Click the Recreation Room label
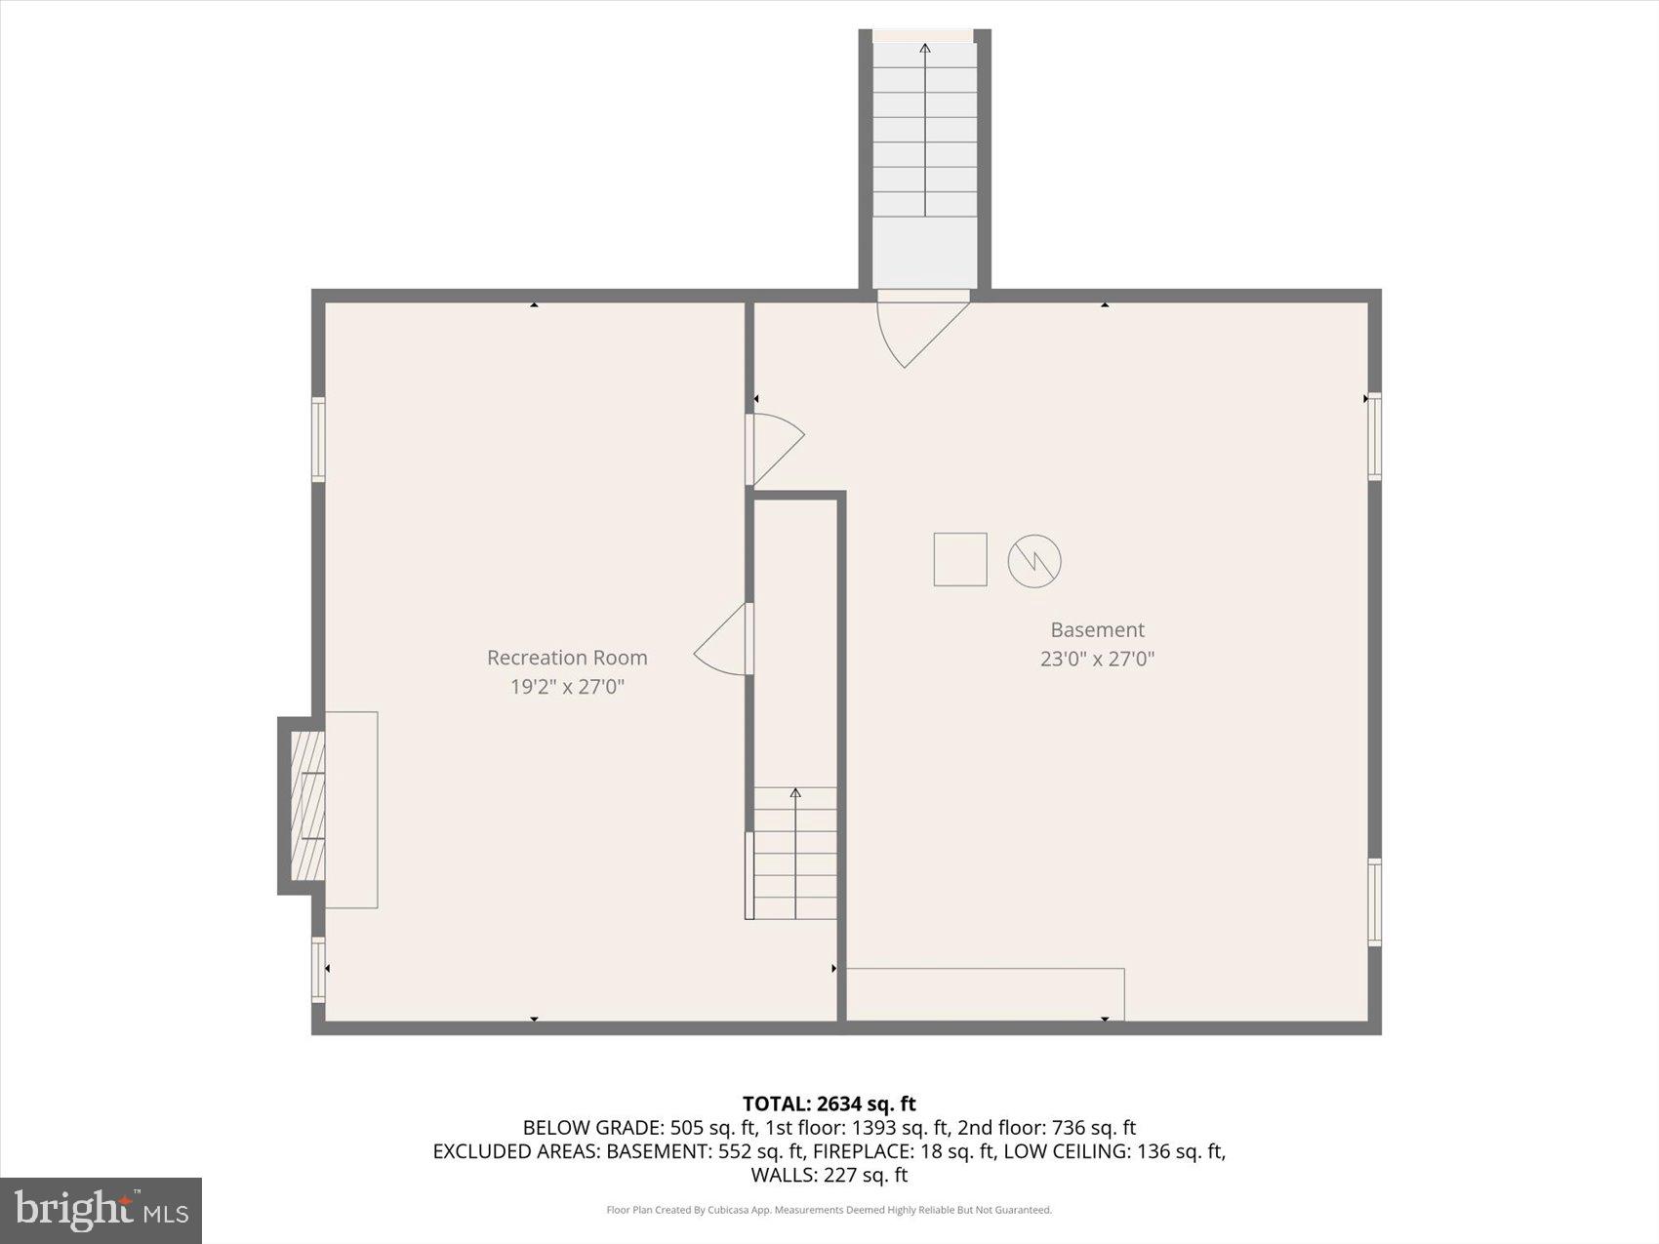567,658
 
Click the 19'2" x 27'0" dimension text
567,686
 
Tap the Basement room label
1097,629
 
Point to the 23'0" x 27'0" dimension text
1097,659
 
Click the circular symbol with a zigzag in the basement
1034,560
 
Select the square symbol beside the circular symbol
960,559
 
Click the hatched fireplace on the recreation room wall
307,806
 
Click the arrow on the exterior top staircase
925,127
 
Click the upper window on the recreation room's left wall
318,439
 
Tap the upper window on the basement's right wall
1374,436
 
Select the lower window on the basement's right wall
1374,903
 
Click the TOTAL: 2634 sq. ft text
829,1104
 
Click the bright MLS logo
101,1211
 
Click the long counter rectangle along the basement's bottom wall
985,994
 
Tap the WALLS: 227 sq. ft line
829,1175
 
